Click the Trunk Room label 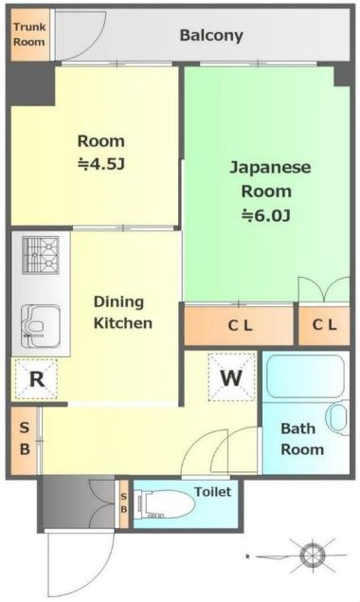tap(28, 35)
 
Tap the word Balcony tap(211, 36)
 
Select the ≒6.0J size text tap(265, 214)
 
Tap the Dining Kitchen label tap(122, 313)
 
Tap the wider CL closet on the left tap(239, 325)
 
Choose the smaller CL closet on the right tap(324, 325)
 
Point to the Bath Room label tap(302, 439)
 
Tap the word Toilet tap(212, 492)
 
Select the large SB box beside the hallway tap(25, 437)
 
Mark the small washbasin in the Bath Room tap(338, 417)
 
